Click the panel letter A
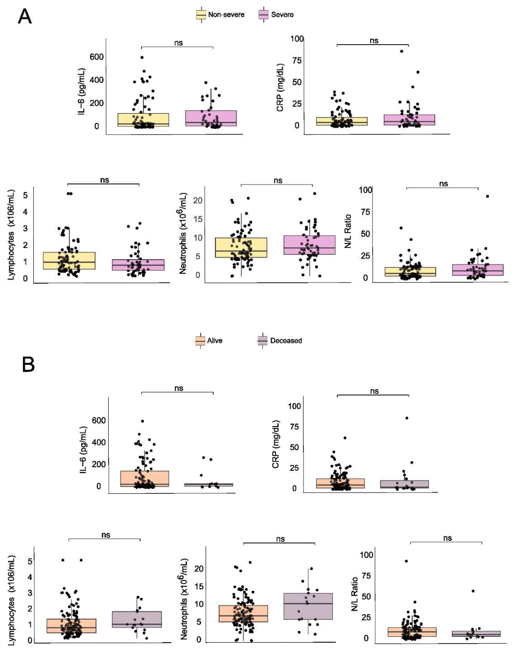click(25, 16)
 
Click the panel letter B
click(28, 364)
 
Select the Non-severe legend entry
click(220, 15)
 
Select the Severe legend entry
click(277, 15)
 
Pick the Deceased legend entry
click(280, 340)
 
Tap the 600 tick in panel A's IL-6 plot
click(96, 57)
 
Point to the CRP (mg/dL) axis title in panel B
click(276, 444)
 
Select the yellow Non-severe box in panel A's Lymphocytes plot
click(69, 261)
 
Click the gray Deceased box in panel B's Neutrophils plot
click(308, 606)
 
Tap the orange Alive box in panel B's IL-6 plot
click(144, 479)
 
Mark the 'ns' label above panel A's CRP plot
click(374, 41)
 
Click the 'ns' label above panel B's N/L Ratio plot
click(447, 538)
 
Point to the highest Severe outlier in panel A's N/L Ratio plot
click(487, 196)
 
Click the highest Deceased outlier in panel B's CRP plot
click(407, 418)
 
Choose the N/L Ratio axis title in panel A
click(348, 231)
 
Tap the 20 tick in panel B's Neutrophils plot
click(199, 569)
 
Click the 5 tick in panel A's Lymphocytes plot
click(25, 195)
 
